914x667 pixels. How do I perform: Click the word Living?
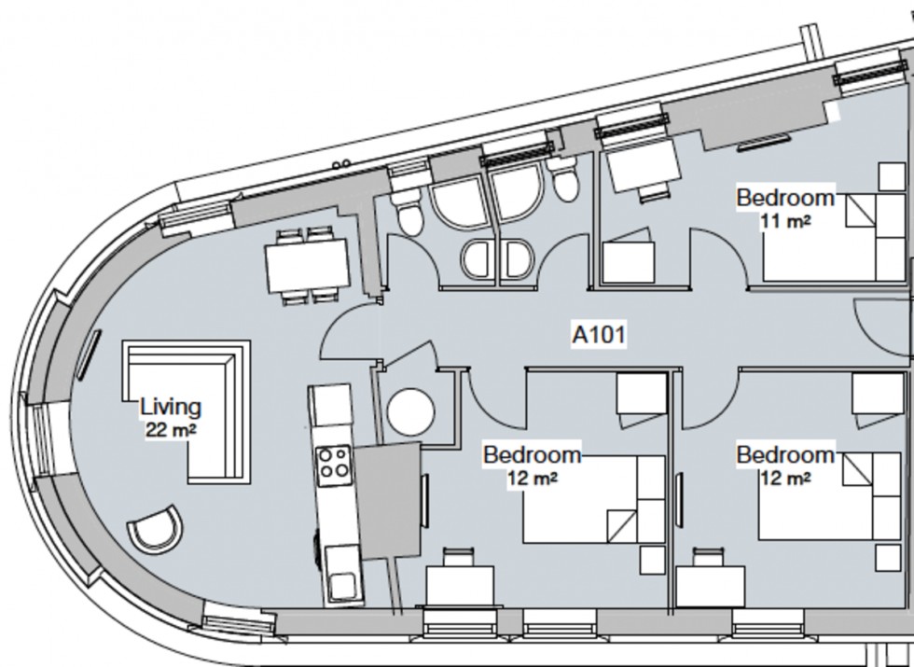coord(170,407)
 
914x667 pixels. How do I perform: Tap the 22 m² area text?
coord(170,430)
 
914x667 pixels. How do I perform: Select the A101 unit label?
coord(597,333)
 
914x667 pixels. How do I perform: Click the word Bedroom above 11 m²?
coord(784,198)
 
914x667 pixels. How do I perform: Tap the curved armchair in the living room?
coord(154,529)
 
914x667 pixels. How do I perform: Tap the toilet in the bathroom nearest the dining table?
coord(408,213)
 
